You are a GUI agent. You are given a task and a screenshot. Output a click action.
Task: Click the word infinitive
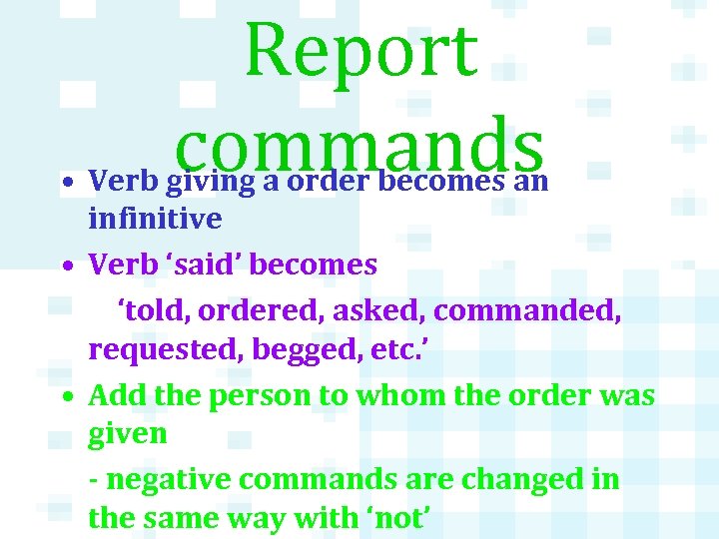tap(154, 216)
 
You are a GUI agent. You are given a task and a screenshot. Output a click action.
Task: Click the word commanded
tap(528, 311)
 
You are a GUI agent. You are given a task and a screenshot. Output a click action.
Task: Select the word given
tap(128, 434)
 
